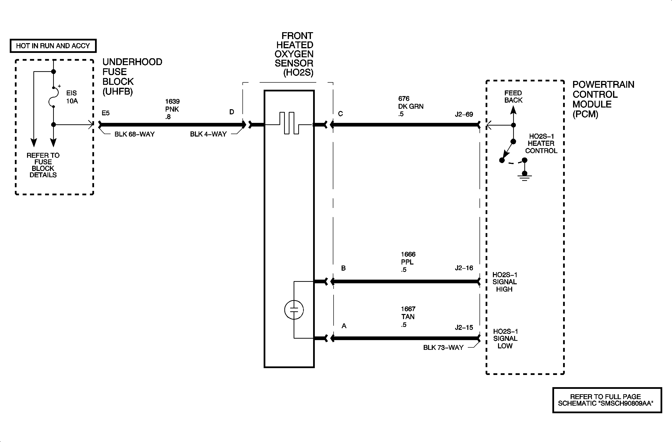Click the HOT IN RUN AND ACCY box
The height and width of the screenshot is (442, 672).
[53, 46]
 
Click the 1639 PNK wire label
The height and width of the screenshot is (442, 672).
[172, 109]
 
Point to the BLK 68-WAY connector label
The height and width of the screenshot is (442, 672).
[134, 134]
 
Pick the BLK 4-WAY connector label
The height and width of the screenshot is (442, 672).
[208, 134]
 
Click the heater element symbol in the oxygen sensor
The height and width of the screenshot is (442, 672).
[289, 123]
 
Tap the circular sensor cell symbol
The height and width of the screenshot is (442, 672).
[294, 310]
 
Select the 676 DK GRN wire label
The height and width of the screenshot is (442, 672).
[411, 106]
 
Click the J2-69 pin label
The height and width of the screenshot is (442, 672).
[464, 114]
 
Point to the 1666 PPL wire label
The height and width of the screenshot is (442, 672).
[408, 262]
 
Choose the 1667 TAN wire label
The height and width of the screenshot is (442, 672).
[408, 317]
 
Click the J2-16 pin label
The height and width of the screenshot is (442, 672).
[464, 268]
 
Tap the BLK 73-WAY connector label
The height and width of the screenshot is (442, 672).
[443, 348]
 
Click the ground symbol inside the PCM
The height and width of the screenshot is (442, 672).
[524, 177]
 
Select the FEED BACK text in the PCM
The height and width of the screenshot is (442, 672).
[513, 97]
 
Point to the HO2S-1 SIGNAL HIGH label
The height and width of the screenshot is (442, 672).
[505, 282]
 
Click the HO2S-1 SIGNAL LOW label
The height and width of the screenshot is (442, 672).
[505, 338]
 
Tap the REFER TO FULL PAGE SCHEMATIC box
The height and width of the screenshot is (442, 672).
[607, 400]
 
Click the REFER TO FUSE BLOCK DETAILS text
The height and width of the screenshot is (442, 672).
[43, 165]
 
